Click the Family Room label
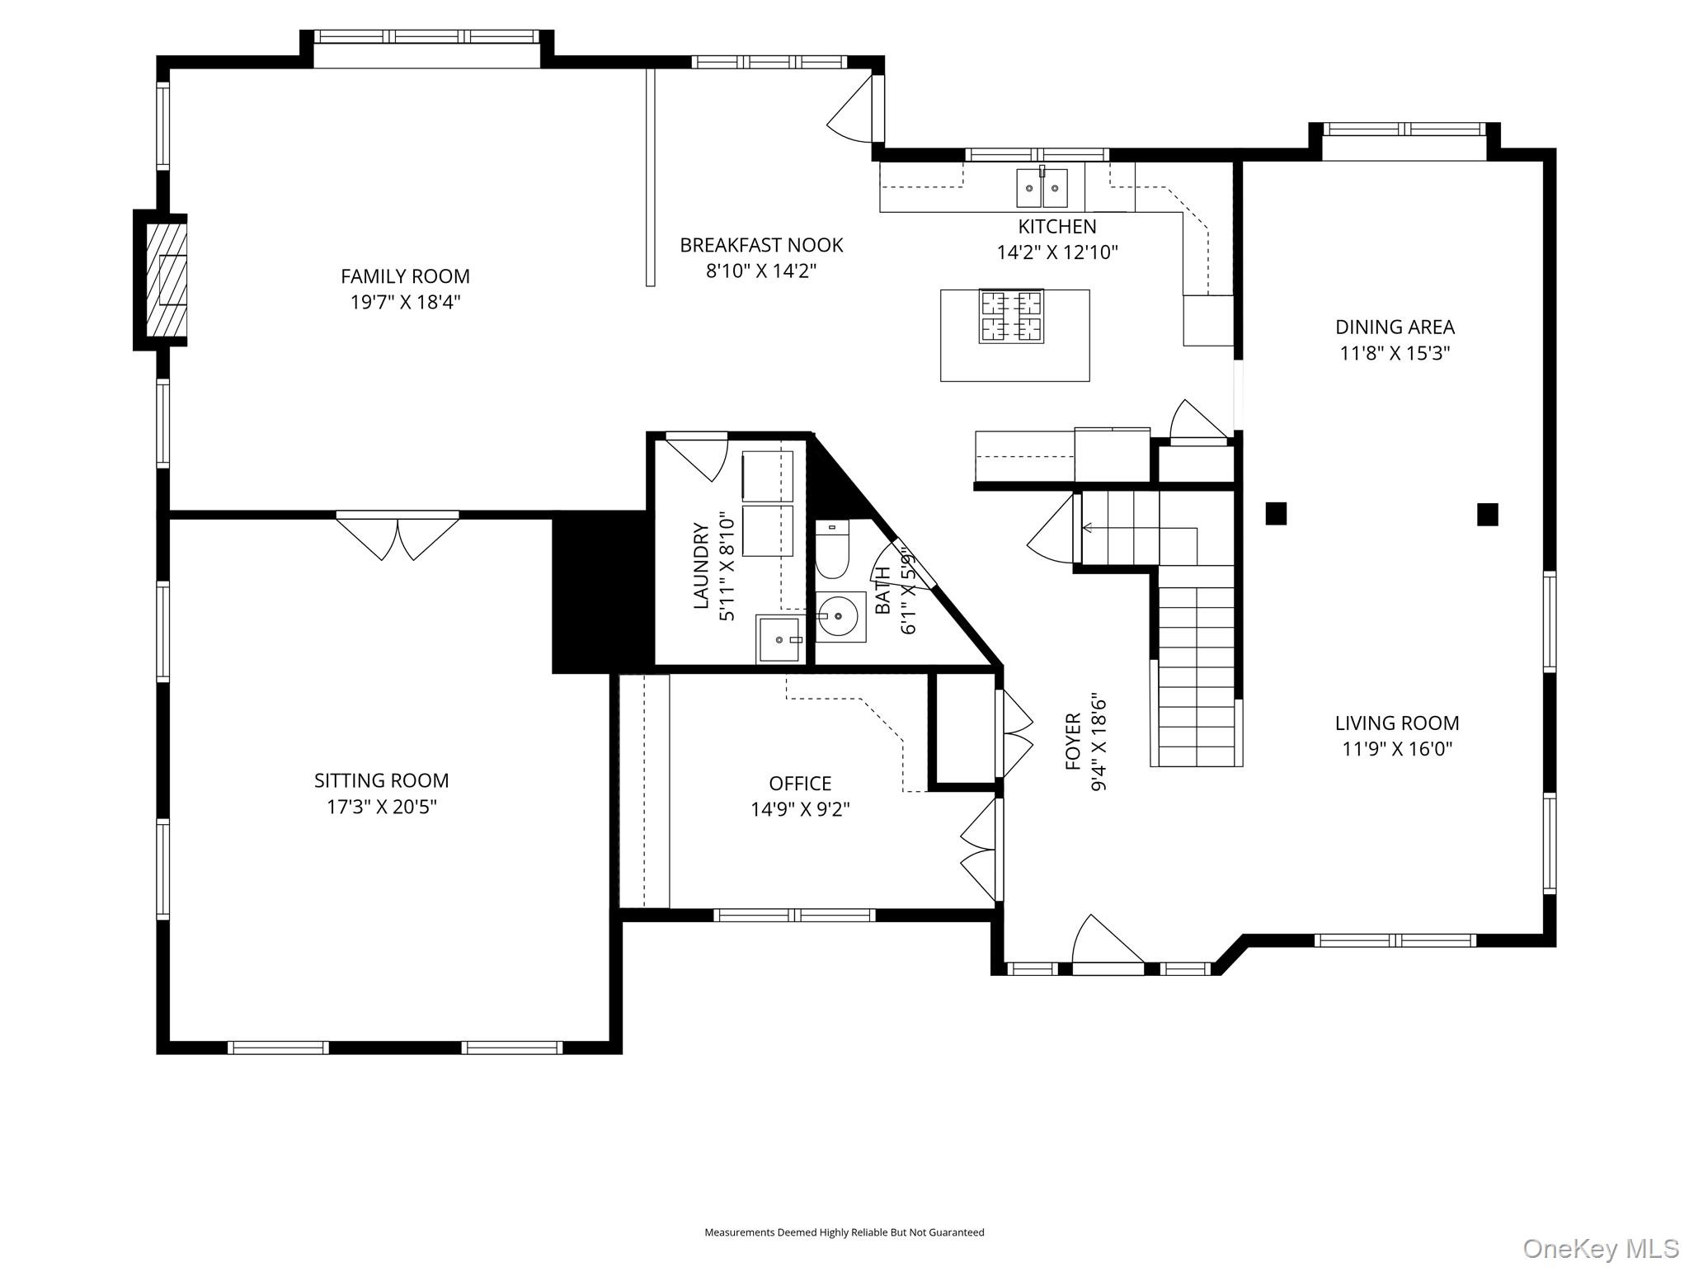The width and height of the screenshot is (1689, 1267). pyautogui.click(x=405, y=276)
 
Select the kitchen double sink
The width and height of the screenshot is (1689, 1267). pyautogui.click(x=1042, y=188)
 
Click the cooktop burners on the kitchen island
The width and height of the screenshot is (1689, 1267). pyautogui.click(x=1011, y=316)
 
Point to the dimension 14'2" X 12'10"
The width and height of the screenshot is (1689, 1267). pyautogui.click(x=1057, y=252)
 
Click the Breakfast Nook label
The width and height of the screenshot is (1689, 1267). pyautogui.click(x=761, y=245)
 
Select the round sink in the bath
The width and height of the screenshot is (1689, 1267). pyautogui.click(x=840, y=616)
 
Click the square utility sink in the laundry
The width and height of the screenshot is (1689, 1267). pyautogui.click(x=779, y=639)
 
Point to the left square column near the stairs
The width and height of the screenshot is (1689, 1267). pyautogui.click(x=1276, y=514)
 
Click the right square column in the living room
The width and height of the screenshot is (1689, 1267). pyautogui.click(x=1487, y=515)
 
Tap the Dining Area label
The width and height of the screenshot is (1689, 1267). pyautogui.click(x=1395, y=327)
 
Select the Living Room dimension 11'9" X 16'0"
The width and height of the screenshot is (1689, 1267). pyautogui.click(x=1397, y=749)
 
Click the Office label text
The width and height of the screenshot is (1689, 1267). pyautogui.click(x=800, y=783)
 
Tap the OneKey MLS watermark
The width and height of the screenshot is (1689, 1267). pyautogui.click(x=1600, y=1248)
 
